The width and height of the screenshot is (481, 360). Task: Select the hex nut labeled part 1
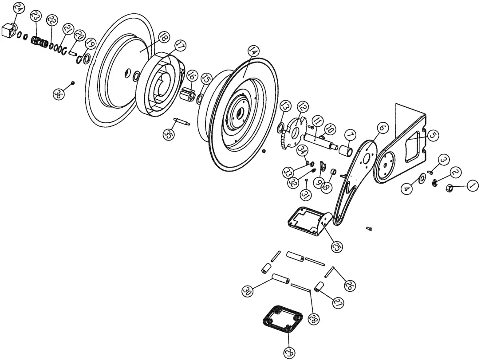click(x=449, y=188)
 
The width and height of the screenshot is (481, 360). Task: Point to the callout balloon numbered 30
click(x=248, y=291)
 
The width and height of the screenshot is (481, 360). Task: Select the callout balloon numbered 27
click(x=338, y=303)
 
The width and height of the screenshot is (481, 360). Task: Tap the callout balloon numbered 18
click(x=163, y=37)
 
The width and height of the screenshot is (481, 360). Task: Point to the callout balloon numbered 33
click(x=289, y=171)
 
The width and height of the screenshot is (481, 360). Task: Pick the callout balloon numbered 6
click(x=383, y=128)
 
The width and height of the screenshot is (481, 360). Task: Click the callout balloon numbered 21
click(x=67, y=29)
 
